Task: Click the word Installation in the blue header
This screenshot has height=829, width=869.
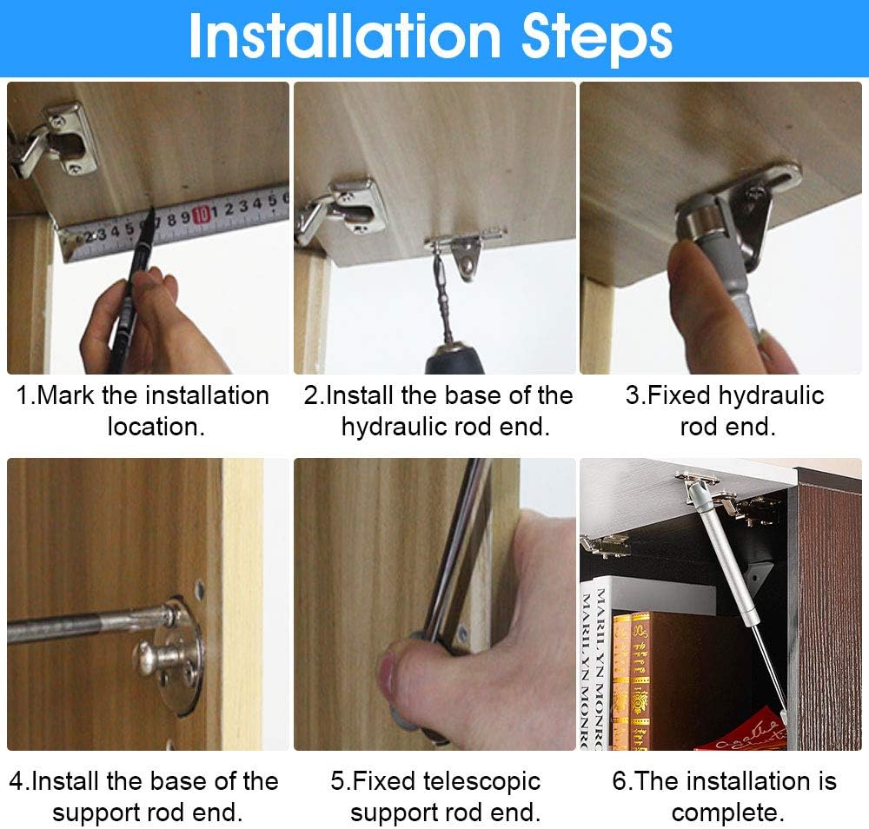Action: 345,36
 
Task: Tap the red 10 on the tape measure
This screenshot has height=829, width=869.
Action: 202,214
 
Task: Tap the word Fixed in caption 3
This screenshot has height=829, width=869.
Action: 680,395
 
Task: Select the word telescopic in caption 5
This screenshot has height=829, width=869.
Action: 481,782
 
